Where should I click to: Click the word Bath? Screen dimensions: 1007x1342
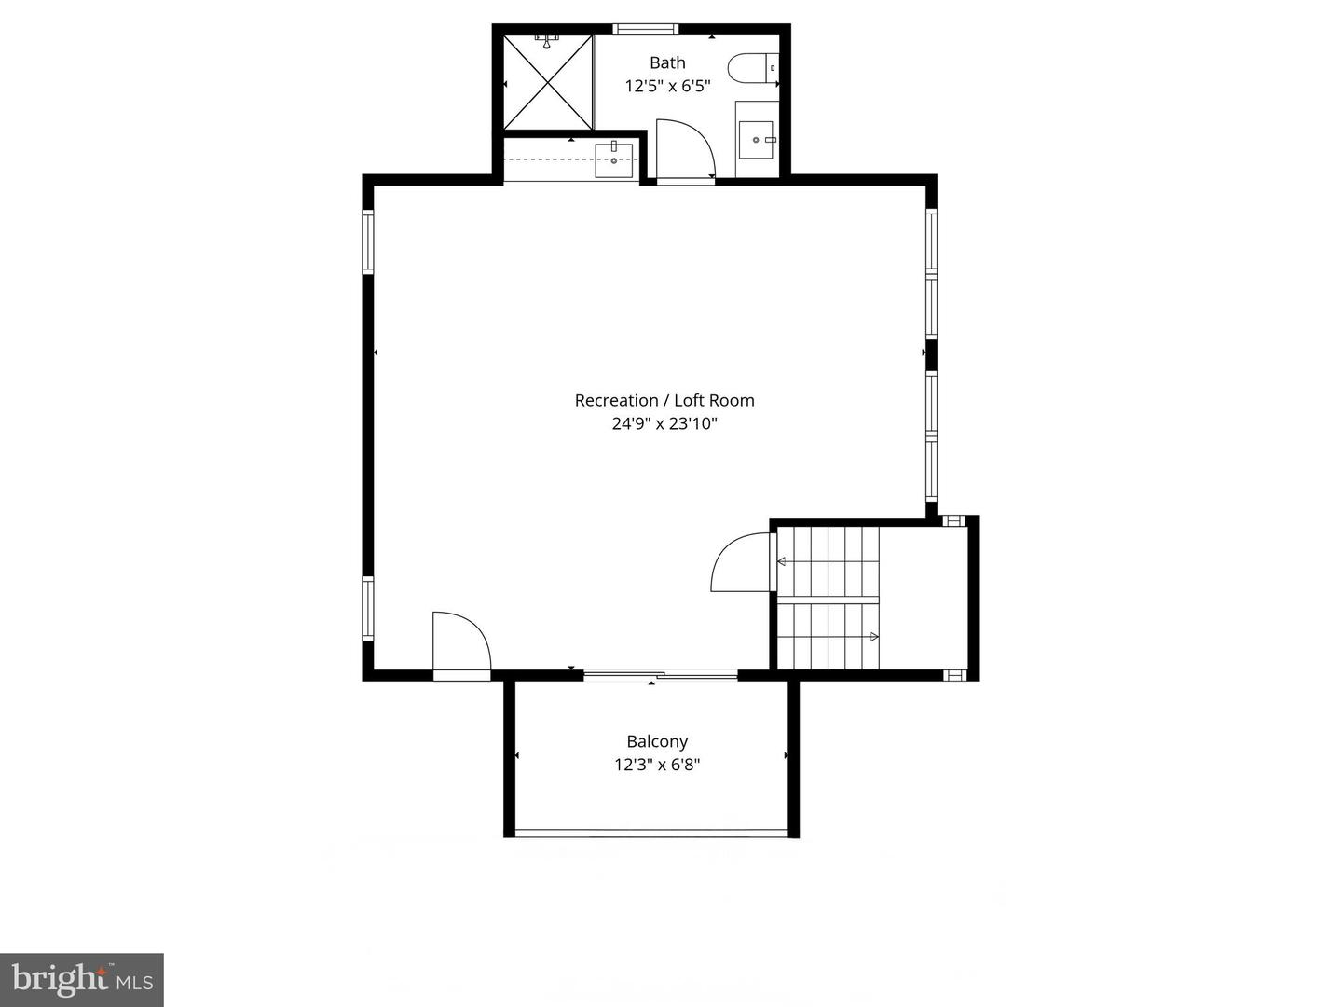pos(667,62)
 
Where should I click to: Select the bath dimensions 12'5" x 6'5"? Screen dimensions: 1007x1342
pos(667,86)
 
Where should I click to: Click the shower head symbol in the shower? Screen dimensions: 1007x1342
pos(546,41)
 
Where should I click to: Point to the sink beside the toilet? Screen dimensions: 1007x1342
pos(756,140)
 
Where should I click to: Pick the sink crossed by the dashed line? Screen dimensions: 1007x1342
pos(614,159)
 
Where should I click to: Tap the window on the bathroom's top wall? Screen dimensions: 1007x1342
pos(647,29)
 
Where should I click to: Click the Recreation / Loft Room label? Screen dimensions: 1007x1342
pos(664,400)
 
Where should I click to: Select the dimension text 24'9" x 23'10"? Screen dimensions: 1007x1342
pos(664,423)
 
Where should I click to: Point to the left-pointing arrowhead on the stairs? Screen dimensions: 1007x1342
pos(781,561)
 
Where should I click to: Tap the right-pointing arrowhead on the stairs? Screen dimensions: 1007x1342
pos(874,637)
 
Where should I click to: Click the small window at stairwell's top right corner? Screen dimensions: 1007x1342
pos(953,520)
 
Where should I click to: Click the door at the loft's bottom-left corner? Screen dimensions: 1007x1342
pos(460,643)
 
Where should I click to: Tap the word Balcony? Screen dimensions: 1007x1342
pos(657,741)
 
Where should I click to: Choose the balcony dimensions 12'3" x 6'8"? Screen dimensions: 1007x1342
pos(657,765)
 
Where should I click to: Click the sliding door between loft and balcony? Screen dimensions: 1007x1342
pos(661,674)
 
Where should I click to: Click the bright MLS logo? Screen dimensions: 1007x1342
pos(82,979)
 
